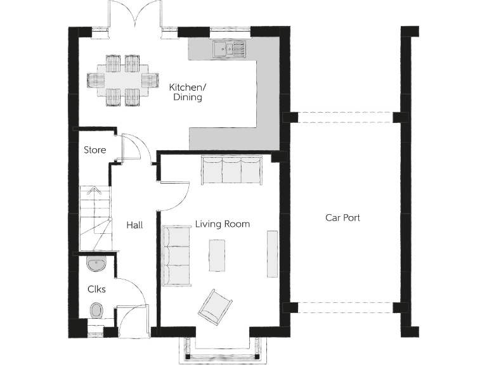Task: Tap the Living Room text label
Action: [x=222, y=224]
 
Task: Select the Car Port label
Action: [x=342, y=217]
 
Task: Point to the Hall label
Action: [x=134, y=225]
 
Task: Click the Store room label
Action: [x=94, y=150]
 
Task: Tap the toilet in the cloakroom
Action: [x=96, y=311]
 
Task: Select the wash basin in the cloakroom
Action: [x=96, y=264]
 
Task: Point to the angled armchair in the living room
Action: [x=215, y=306]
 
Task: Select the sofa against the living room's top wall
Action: [x=231, y=170]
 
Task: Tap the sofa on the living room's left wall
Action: [x=176, y=255]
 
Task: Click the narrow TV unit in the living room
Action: [x=272, y=253]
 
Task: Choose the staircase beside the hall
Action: [x=94, y=219]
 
